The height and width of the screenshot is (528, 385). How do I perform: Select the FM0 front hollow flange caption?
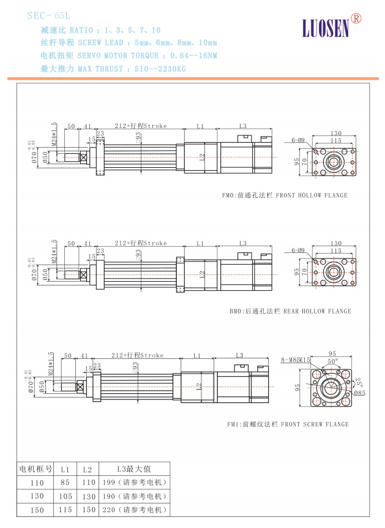[285, 195]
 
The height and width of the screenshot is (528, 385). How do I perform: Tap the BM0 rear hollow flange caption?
[290, 311]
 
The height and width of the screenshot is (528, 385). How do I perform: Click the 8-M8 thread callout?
[296, 360]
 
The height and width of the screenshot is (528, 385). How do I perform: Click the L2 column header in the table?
[87, 469]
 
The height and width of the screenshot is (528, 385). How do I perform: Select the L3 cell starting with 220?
[134, 510]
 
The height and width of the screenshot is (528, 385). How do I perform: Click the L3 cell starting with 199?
[134, 483]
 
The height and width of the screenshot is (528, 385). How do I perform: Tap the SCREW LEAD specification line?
[129, 43]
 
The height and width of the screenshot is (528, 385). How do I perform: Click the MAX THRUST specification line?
[113, 69]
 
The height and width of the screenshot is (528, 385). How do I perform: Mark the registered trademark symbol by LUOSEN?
[356, 18]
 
